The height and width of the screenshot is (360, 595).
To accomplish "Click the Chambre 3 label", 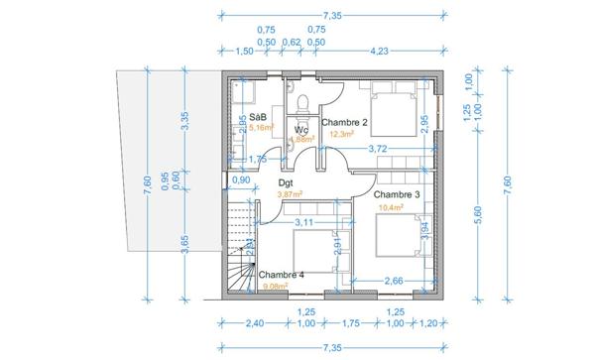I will (x=397, y=194).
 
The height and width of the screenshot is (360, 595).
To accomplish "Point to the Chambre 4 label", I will (x=282, y=275).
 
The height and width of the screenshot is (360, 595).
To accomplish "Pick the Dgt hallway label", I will (x=285, y=183).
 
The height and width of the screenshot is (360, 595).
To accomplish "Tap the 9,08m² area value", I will (x=274, y=287).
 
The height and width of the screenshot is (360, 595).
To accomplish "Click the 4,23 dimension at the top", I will (x=379, y=50).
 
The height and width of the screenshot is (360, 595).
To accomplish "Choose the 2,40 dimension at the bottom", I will (x=255, y=323).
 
